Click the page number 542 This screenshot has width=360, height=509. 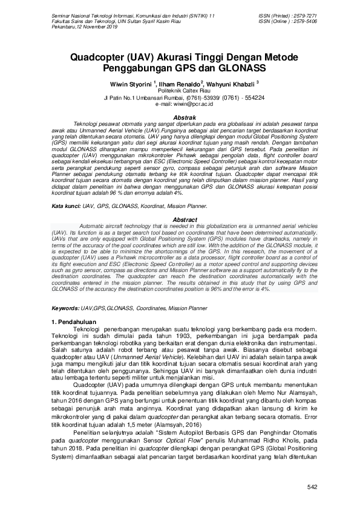pyautogui.click(x=312, y=487)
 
